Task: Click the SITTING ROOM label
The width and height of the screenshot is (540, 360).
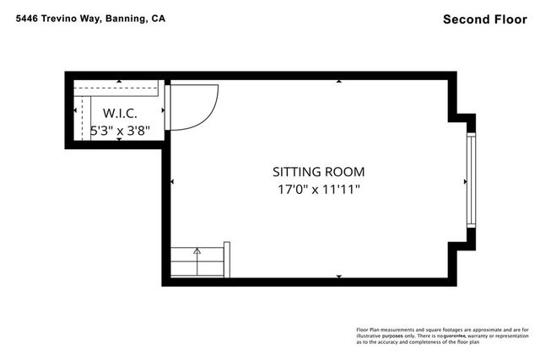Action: click(x=318, y=171)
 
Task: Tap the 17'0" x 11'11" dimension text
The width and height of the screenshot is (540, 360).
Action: click(x=318, y=190)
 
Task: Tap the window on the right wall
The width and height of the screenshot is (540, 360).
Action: click(x=470, y=180)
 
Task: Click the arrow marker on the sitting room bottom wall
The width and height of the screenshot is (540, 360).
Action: click(x=339, y=276)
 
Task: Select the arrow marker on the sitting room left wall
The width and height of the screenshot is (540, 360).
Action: click(x=172, y=181)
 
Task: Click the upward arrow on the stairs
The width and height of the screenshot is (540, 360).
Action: click(x=197, y=251)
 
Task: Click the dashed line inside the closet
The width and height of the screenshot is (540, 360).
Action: click(x=82, y=118)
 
